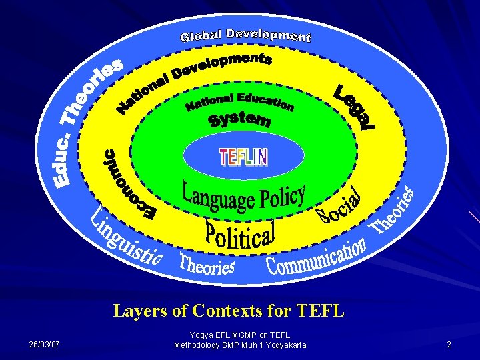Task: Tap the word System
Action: click(x=239, y=119)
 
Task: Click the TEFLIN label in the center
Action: click(x=243, y=157)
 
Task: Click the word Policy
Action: click(x=279, y=195)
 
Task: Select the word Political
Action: click(x=239, y=233)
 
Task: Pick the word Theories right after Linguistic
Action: click(x=207, y=265)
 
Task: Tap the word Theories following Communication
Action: click(x=394, y=211)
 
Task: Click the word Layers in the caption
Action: click(x=139, y=311)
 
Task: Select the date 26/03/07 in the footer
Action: click(x=44, y=345)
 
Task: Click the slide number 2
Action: click(x=449, y=345)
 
